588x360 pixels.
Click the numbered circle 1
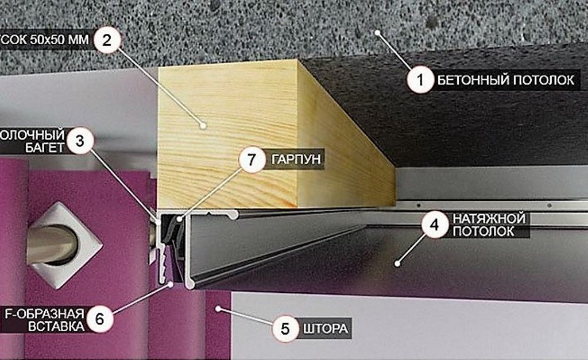[420, 80]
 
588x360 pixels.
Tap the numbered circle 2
[107, 41]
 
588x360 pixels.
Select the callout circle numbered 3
[79, 141]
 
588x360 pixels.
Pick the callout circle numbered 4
[434, 224]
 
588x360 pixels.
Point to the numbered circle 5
[285, 329]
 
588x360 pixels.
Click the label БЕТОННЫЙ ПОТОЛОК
[505, 80]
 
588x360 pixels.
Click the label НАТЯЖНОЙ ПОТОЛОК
[489, 225]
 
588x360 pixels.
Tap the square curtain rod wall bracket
[63, 244]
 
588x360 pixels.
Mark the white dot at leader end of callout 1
[378, 33]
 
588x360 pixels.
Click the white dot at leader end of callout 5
[218, 309]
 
